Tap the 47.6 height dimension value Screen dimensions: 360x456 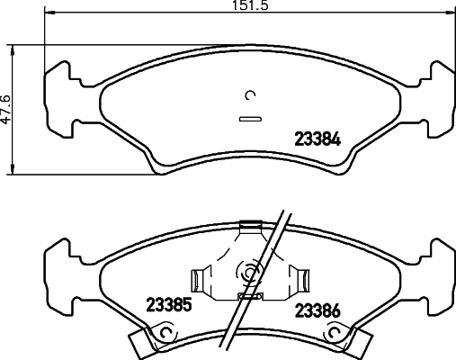pyautogui.click(x=5, y=109)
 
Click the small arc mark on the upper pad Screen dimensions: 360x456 pyautogui.click(x=250, y=96)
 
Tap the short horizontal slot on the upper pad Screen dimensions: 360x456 pyautogui.click(x=248, y=118)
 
